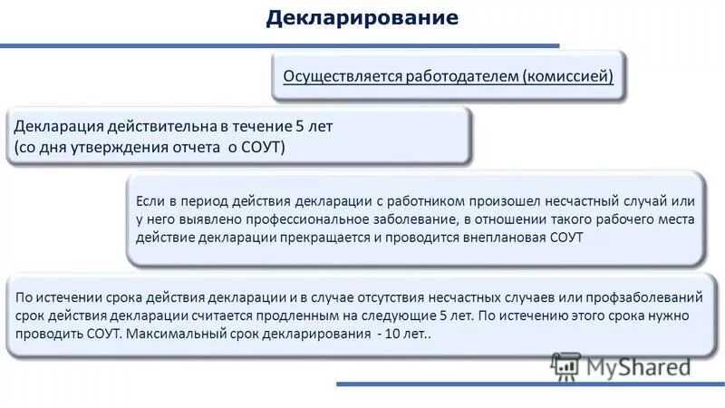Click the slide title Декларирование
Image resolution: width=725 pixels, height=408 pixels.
(362, 18)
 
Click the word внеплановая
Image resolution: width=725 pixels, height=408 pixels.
(505, 238)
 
